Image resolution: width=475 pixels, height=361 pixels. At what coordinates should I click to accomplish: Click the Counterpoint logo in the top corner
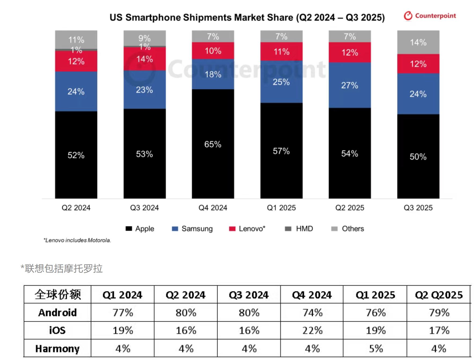pyautogui.click(x=430, y=16)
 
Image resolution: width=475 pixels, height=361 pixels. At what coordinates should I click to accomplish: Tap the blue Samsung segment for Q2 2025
pyautogui.click(x=349, y=85)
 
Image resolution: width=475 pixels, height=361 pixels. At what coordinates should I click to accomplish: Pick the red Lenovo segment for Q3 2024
pyautogui.click(x=144, y=59)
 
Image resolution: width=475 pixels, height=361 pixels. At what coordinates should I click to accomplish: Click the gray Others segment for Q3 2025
pyautogui.click(x=418, y=42)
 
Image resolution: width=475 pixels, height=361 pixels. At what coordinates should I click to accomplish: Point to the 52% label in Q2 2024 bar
pyautogui.click(x=76, y=155)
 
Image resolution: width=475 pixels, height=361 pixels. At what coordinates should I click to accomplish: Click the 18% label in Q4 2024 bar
pyautogui.click(x=213, y=74)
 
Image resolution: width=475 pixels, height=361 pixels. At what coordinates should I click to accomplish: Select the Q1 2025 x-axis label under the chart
pyautogui.click(x=281, y=208)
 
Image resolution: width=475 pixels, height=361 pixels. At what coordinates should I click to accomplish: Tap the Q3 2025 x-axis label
pyautogui.click(x=418, y=208)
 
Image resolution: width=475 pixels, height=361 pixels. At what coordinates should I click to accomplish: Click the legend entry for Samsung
pyautogui.click(x=192, y=229)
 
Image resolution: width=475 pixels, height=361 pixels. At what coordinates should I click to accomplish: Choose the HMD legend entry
pyautogui.click(x=299, y=229)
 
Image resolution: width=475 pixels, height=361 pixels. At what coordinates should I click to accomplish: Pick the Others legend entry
pyautogui.click(x=348, y=229)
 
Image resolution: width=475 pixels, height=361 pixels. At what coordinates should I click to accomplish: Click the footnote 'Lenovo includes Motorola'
pyautogui.click(x=77, y=240)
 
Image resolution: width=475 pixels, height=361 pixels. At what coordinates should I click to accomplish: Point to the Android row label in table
pyautogui.click(x=57, y=312)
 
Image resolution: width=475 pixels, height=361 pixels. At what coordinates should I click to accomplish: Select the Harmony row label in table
pyautogui.click(x=57, y=348)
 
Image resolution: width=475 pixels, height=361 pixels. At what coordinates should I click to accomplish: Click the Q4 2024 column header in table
pyautogui.click(x=312, y=295)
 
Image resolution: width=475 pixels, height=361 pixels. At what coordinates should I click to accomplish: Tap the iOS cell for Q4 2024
pyautogui.click(x=312, y=330)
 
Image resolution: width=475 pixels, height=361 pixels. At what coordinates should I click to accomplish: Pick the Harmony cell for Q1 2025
pyautogui.click(x=375, y=348)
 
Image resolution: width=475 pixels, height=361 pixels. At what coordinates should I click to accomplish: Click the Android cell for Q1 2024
pyautogui.click(x=123, y=312)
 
